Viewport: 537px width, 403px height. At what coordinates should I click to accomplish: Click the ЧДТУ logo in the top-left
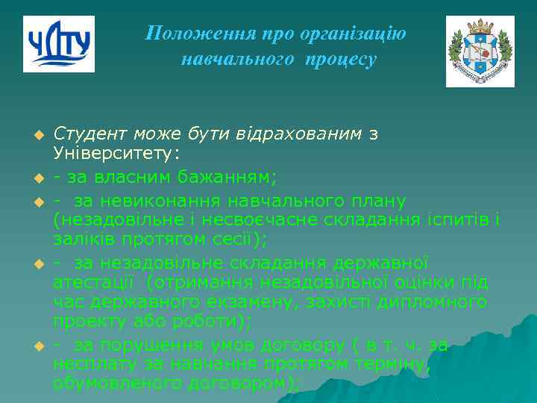coord(58,44)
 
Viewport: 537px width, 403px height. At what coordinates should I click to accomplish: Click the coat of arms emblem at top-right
coord(480,51)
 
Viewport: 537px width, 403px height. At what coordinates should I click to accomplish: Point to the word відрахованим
coord(310,134)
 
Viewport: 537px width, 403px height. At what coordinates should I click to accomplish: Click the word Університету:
coord(116,154)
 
